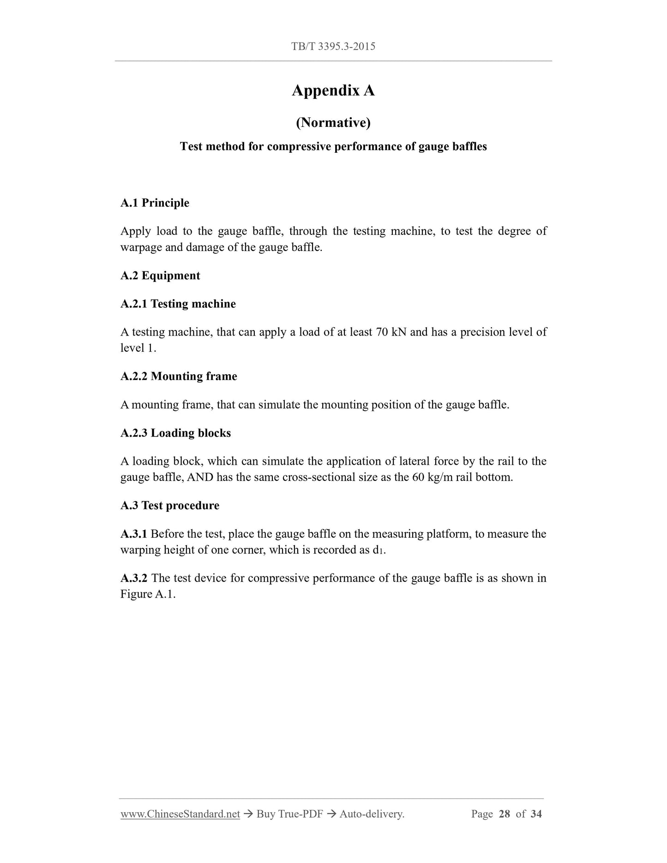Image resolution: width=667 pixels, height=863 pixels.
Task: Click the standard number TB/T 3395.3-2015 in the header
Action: pos(333,46)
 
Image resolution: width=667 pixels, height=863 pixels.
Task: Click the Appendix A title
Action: pos(333,90)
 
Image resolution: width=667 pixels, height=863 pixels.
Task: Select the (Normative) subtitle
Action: pos(333,122)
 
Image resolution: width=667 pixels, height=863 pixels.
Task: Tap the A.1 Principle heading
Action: pos(155,203)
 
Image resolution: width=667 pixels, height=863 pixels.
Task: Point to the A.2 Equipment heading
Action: pos(160,276)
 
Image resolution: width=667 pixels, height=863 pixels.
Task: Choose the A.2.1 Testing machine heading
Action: pos(178,304)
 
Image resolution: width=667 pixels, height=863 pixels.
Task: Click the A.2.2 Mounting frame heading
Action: pos(179,376)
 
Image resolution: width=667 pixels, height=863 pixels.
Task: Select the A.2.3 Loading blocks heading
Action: pos(175,433)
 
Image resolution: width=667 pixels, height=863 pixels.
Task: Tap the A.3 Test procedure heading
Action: pos(169,505)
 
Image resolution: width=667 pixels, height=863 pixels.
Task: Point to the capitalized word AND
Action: pos(200,477)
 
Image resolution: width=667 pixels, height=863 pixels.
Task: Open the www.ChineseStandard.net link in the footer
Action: pos(180,814)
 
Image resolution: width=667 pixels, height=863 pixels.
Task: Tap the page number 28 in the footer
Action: pos(504,814)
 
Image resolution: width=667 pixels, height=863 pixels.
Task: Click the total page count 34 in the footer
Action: pos(536,814)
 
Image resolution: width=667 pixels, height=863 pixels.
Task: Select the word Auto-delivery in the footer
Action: pos(371,814)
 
